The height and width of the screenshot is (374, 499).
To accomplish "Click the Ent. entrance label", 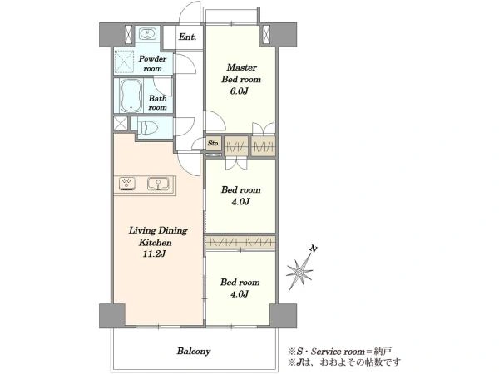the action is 187,37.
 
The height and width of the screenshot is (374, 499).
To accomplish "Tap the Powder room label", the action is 153,64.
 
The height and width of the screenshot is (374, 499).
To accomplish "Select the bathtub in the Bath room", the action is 131,96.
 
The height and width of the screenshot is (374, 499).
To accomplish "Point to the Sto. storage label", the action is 214,144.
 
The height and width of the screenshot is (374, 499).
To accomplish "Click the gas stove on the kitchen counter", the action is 127,184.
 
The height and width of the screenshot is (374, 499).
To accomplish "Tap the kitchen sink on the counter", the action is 159,185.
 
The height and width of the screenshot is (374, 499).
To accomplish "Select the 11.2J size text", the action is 155,254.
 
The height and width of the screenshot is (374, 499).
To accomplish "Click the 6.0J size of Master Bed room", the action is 239,91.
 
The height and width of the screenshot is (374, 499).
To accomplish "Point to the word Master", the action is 241,67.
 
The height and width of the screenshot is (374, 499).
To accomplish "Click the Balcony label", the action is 194,351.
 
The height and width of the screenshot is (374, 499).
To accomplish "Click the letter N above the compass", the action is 314,249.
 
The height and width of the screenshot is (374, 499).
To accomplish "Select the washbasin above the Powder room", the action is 147,34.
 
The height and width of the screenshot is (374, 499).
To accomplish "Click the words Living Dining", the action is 158,230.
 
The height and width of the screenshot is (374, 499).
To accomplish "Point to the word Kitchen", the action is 156,243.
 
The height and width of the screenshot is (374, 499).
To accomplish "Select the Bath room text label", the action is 157,103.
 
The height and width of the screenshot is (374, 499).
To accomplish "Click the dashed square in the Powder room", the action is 124,62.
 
